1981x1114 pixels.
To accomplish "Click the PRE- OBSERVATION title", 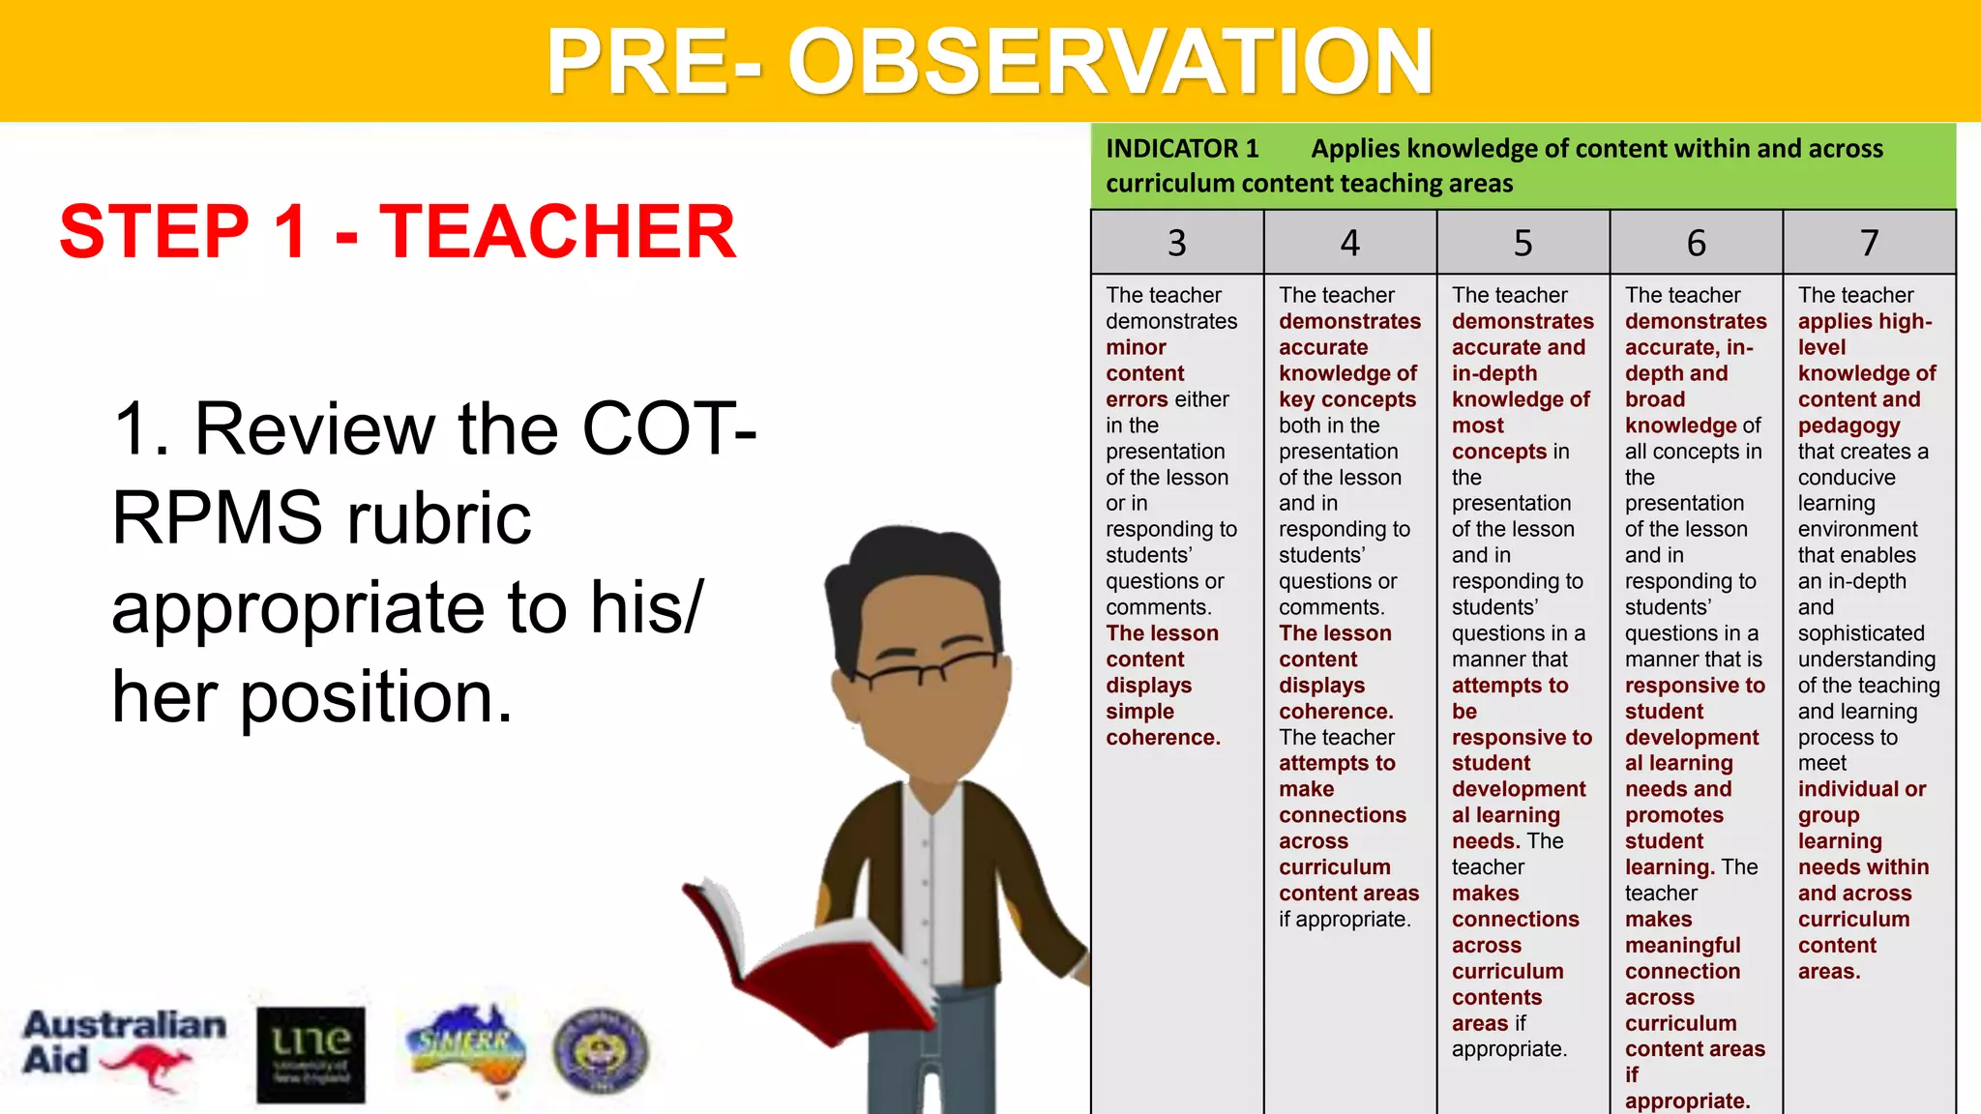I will [990, 62].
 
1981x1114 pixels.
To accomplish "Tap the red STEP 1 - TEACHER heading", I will [398, 232].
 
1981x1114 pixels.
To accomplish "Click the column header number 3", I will [1176, 243].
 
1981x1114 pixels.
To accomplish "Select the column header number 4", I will [1349, 243].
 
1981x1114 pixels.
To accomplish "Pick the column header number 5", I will [1523, 243].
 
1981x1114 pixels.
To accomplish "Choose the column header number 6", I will [1696, 243].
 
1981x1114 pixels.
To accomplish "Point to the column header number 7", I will [1869, 243].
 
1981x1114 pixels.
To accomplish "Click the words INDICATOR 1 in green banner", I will [1182, 149].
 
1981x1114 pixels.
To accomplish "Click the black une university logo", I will [310, 1054].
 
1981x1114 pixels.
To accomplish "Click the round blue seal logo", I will [601, 1051].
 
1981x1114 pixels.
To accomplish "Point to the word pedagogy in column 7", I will [1848, 425].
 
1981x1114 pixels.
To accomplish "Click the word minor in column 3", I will [1136, 347].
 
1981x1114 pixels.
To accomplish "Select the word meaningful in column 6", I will [1682, 945].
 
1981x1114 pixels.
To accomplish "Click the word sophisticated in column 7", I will [1861, 633].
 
